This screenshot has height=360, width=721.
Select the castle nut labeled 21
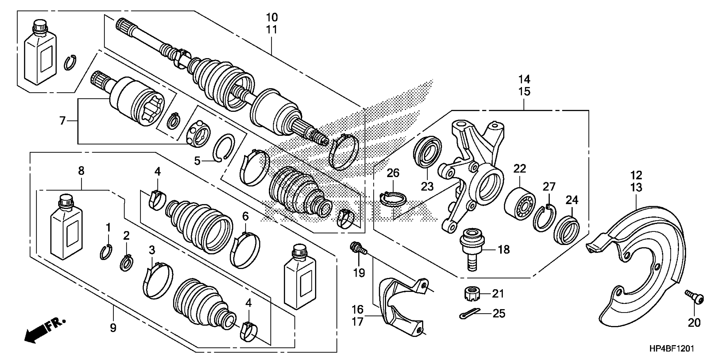click(x=472, y=294)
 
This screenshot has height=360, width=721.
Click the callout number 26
click(x=393, y=173)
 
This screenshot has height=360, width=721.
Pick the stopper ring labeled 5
click(x=224, y=147)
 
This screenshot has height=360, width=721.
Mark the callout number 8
click(x=81, y=171)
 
